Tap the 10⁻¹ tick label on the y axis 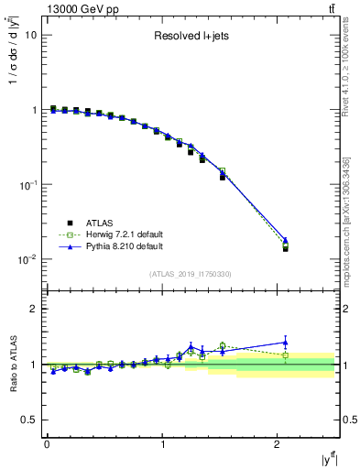pyautogui.click(x=27, y=185)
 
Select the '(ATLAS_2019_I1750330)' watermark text pyautogui.click(x=191, y=274)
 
